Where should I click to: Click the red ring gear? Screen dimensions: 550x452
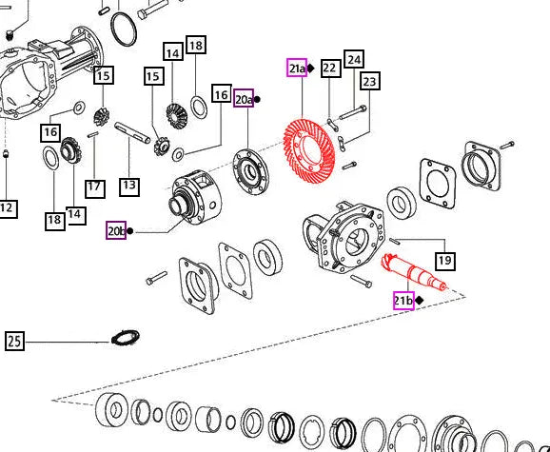tap(308, 150)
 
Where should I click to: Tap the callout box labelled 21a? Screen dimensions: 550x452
tap(297, 68)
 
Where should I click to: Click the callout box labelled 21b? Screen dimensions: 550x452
tap(403, 301)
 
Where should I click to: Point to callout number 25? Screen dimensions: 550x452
tap(14, 341)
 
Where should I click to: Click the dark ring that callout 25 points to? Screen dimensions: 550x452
tap(126, 338)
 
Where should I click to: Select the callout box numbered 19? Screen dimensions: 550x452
tap(445, 261)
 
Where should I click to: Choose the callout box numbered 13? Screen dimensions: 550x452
tap(129, 187)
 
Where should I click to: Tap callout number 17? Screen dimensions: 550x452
tap(95, 187)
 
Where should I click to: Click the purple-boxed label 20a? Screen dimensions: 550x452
tap(244, 98)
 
